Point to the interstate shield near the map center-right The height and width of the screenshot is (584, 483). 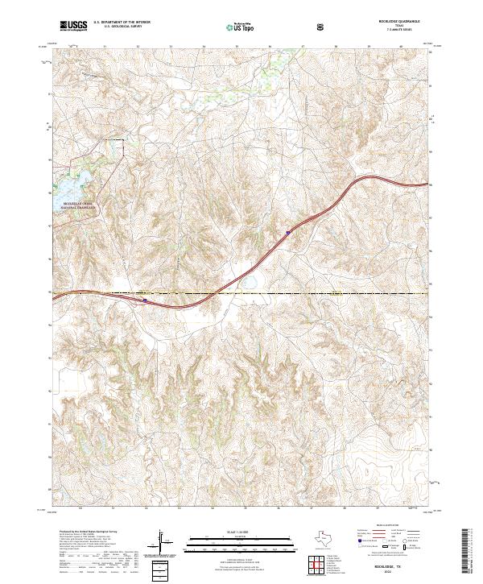287,233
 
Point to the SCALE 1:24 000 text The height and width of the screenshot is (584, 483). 241,530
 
